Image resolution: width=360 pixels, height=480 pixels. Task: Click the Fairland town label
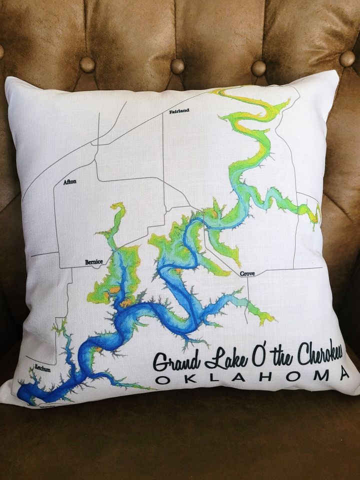(x=179, y=110)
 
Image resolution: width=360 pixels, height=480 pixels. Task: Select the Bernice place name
(x=93, y=261)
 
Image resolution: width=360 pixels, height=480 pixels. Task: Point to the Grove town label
(x=247, y=273)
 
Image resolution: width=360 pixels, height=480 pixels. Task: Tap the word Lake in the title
(x=219, y=355)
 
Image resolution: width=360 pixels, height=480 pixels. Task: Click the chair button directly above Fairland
(x=177, y=65)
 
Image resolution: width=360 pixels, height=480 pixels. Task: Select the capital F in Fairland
(x=171, y=110)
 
